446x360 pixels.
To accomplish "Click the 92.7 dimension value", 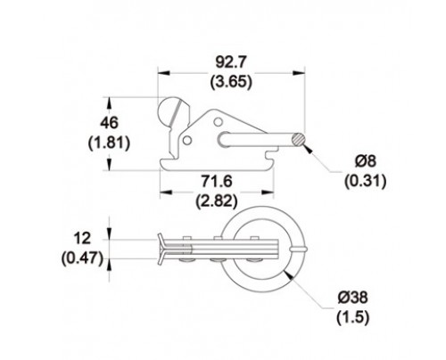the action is click(x=231, y=62).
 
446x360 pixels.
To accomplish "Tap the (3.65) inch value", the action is click(x=231, y=82).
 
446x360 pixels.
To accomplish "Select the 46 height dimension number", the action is click(x=109, y=123).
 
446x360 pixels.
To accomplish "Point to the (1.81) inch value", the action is click(x=109, y=143).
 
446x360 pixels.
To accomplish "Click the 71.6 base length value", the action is click(x=217, y=181).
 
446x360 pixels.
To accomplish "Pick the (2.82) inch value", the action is click(x=217, y=200).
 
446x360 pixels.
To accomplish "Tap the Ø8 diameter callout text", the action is click(x=366, y=161).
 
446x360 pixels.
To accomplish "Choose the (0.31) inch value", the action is click(x=366, y=181).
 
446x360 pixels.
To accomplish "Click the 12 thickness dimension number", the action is click(x=82, y=239).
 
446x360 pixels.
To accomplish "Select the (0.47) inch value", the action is click(x=82, y=258).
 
